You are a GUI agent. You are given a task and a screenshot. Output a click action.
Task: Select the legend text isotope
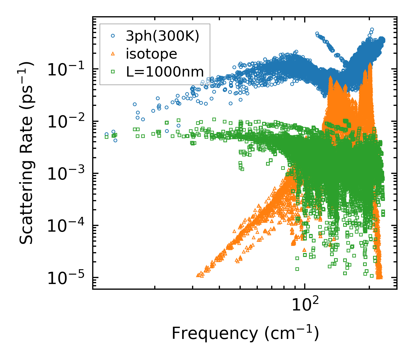pos(151,54)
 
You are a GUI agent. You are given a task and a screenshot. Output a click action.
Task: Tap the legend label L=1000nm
pos(165,72)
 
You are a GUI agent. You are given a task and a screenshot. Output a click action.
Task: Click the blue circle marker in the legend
pos(113,36)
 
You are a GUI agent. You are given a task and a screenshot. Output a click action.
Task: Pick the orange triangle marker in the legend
pos(113,54)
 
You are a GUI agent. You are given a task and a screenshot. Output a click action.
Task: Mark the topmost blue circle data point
pos(372,29)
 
